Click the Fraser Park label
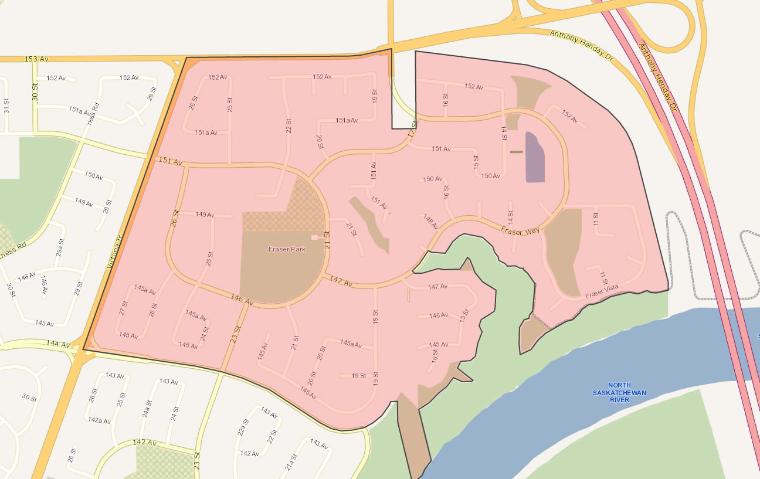coord(287,249)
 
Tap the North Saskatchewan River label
coord(610,392)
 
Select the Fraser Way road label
coord(520,230)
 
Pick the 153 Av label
coord(36,59)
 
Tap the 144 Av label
coord(57,344)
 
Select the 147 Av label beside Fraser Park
coord(341,281)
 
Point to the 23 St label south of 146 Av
coord(235,335)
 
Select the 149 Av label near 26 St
coord(205,215)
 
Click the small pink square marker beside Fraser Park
coord(314,237)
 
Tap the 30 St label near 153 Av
coord(35,92)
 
